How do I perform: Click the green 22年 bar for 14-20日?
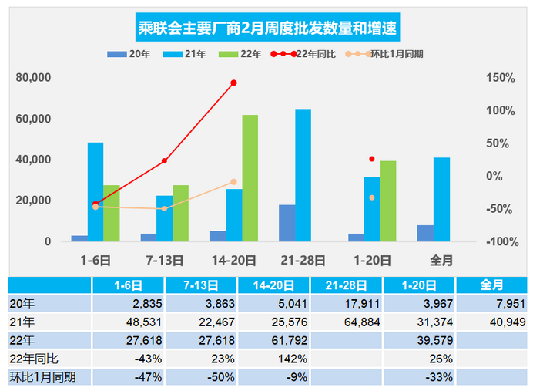click(x=250, y=178)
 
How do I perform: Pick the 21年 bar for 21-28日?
click(x=303, y=175)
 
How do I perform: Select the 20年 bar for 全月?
click(x=425, y=233)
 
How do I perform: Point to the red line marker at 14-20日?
click(x=233, y=83)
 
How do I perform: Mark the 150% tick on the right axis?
click(x=500, y=78)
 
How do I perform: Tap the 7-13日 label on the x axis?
click(x=164, y=260)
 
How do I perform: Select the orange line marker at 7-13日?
click(x=164, y=209)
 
